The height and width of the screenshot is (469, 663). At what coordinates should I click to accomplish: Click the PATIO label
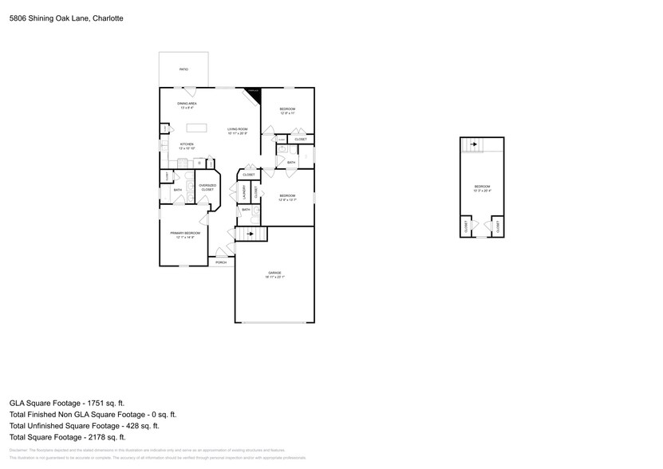click(184, 70)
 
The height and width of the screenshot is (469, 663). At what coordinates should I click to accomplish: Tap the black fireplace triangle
click(255, 93)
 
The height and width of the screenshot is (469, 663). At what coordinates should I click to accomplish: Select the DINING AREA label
click(187, 105)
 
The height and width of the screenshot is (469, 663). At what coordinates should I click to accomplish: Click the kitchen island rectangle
click(196, 128)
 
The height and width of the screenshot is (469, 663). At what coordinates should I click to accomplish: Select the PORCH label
click(221, 262)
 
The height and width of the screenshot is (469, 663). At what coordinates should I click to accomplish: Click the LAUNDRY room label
click(242, 193)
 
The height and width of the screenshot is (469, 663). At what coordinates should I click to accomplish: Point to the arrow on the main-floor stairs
click(251, 233)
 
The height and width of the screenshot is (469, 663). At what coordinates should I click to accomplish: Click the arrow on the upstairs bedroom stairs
click(473, 144)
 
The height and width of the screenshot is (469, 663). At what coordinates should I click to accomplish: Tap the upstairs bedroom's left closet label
click(466, 227)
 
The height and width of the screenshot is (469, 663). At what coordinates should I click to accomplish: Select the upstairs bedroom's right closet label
click(498, 227)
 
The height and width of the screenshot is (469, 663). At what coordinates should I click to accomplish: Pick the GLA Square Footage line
click(67, 404)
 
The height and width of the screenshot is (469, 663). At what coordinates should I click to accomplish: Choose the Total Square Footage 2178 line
click(67, 437)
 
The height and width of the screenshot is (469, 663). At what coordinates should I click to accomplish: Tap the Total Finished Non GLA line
click(93, 415)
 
